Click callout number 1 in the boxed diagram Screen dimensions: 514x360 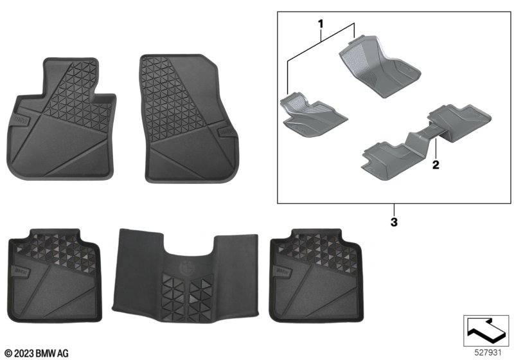click(320, 24)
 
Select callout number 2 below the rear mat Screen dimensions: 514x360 click(436, 165)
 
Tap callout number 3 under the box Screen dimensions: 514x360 click(394, 222)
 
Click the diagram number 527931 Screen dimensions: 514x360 click(488, 352)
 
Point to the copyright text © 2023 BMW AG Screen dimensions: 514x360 click(37, 354)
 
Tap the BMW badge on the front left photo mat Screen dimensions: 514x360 click(21, 120)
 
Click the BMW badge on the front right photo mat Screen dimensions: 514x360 click(226, 131)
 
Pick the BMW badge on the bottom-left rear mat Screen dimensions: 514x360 click(22, 271)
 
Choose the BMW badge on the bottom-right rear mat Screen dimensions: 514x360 click(284, 271)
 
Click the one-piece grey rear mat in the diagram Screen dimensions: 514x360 click(426, 141)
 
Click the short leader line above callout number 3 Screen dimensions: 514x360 click(394, 210)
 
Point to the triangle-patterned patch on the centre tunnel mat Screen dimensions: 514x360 click(187, 298)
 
